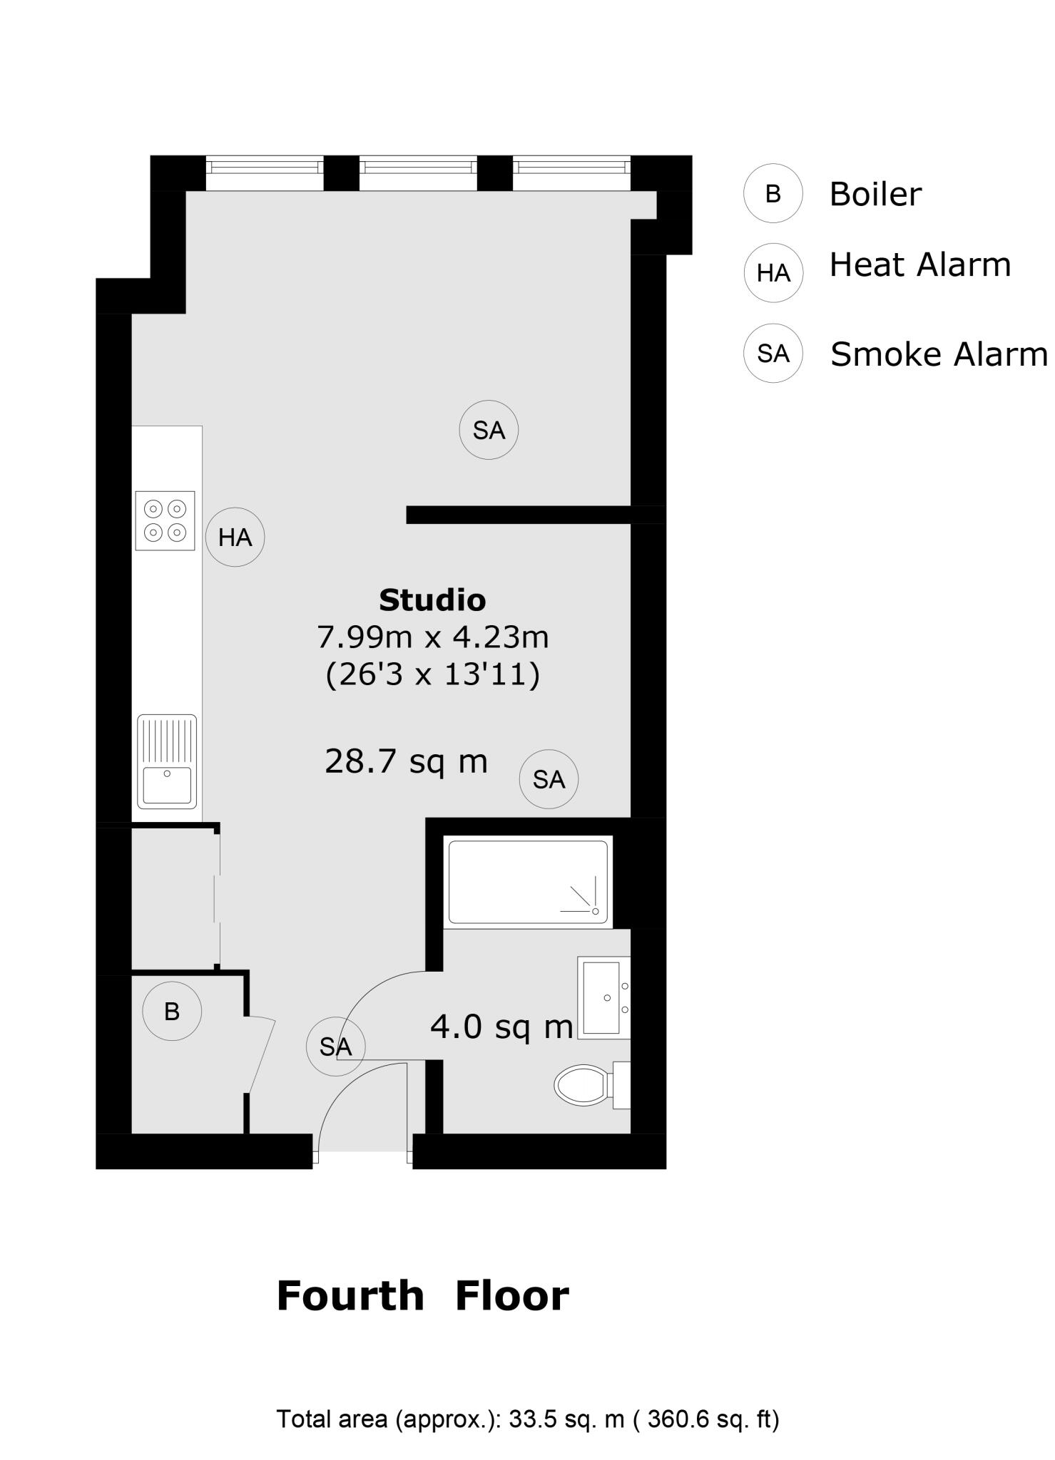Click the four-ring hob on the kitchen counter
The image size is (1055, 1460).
[165, 520]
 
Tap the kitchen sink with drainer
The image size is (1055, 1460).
[167, 761]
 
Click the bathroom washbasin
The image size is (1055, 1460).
[603, 997]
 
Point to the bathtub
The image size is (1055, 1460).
[528, 882]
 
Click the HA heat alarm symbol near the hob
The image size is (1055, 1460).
[235, 538]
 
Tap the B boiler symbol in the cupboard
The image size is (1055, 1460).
[172, 1011]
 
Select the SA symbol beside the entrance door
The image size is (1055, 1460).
[335, 1047]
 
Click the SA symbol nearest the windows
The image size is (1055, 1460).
[489, 430]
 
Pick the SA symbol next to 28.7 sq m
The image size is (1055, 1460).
[549, 779]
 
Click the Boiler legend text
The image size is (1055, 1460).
[875, 194]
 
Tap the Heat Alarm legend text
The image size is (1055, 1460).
[920, 265]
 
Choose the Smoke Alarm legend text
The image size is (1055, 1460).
[939, 354]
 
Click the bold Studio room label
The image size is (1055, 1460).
[432, 600]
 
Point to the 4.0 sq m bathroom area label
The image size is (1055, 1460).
[501, 1027]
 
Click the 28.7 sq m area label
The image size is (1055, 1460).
[406, 761]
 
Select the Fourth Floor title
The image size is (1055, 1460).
[422, 1295]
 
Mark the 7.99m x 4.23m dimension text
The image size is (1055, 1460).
[432, 637]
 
